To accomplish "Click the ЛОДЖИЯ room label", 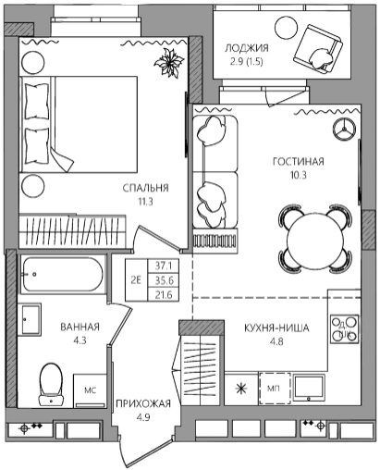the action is (x=246, y=48).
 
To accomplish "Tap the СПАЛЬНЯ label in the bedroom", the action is (x=145, y=188).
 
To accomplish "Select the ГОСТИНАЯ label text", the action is (x=299, y=162).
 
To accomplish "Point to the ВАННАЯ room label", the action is (x=80, y=327).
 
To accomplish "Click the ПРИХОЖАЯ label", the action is (x=143, y=403).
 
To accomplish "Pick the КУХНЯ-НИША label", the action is (x=276, y=328).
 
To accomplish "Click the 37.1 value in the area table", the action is (x=164, y=266).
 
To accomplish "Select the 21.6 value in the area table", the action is (x=164, y=295).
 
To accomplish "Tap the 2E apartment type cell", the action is (x=136, y=280).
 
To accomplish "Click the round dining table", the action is (x=314, y=239).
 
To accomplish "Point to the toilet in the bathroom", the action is (x=51, y=385).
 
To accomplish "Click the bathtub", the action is (x=62, y=275).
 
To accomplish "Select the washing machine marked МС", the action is (x=90, y=390).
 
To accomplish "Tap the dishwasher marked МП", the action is (x=274, y=389).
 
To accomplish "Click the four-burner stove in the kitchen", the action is (x=344, y=328).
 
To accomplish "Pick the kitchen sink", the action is (x=309, y=388).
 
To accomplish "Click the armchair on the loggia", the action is (x=317, y=49).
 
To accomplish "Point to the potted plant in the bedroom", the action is (x=169, y=63).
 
